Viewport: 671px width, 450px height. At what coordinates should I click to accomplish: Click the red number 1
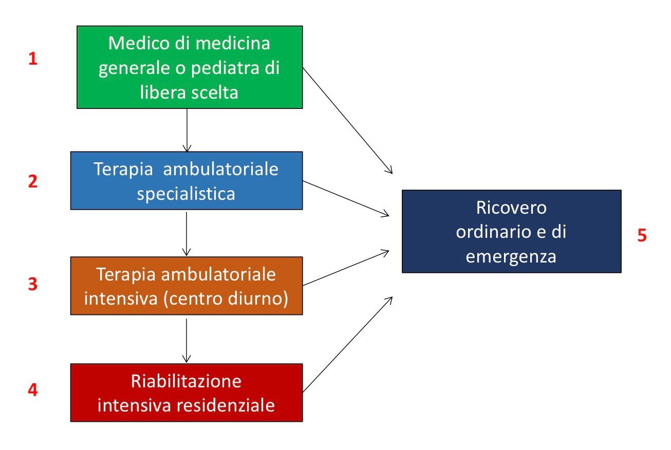click(33, 59)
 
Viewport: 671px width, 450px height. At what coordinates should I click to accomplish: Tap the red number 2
click(33, 182)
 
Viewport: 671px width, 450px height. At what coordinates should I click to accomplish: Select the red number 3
click(33, 284)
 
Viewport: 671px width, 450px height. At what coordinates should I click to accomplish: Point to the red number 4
click(33, 390)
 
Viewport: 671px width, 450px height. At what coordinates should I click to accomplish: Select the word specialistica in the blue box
click(187, 195)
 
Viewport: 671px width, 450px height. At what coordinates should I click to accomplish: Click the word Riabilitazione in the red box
click(186, 382)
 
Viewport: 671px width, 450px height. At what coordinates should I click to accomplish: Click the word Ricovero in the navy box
click(511, 208)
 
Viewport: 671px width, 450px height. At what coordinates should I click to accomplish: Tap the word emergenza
click(511, 256)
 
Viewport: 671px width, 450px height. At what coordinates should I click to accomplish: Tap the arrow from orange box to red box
click(187, 339)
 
